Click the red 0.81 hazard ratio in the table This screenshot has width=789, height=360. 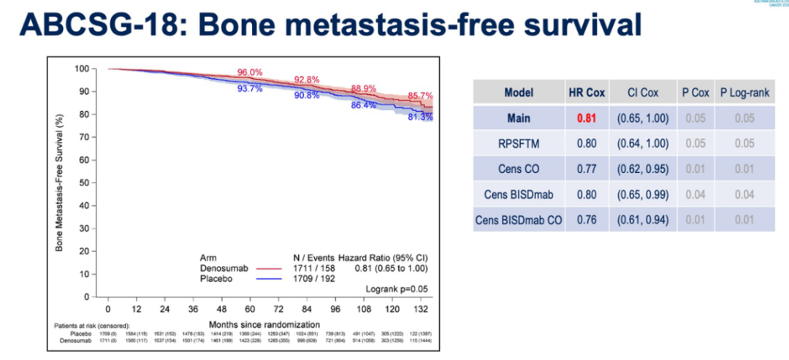click(586, 118)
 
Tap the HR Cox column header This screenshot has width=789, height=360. click(586, 93)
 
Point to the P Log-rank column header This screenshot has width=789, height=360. click(744, 93)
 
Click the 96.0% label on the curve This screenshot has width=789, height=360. click(250, 72)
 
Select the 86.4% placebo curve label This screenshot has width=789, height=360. click(363, 105)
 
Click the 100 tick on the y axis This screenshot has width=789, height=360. click(82, 69)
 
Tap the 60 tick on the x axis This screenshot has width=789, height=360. click(250, 309)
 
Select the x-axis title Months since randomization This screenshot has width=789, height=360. click(264, 324)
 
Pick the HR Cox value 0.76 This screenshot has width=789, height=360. click(586, 220)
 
